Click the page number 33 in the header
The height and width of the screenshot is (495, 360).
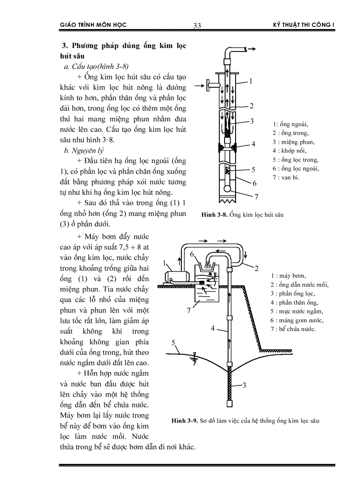pyautogui.click(x=197, y=26)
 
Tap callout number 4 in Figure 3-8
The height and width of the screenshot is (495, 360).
pyautogui.click(x=253, y=144)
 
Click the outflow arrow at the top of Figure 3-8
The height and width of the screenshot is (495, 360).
pyautogui.click(x=252, y=49)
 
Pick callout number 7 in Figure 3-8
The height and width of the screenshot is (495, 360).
pyautogui.click(x=255, y=196)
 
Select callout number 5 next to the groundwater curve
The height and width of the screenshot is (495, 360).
pyautogui.click(x=173, y=342)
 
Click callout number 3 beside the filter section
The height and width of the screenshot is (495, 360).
pyautogui.click(x=244, y=385)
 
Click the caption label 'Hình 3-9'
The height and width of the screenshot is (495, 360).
pyautogui.click(x=184, y=421)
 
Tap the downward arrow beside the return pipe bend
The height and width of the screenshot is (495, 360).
pyautogui.click(x=246, y=256)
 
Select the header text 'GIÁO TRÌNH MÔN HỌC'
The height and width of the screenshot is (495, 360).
pyautogui.click(x=93, y=25)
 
